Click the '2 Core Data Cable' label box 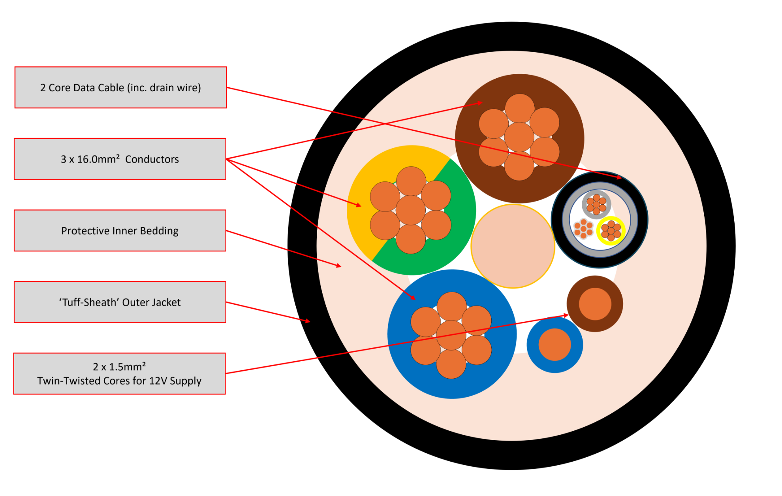point(120,87)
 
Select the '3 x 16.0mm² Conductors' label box point(120,159)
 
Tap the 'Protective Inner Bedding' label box point(120,230)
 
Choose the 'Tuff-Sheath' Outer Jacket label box point(120,302)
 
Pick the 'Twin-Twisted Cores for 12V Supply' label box point(119,373)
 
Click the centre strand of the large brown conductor point(519,137)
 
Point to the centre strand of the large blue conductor point(451,335)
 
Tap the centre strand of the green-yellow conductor point(410,210)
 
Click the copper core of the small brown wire point(595,304)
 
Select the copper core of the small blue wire point(555,345)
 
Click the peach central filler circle point(513,246)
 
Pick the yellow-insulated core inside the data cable point(611,231)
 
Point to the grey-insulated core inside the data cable point(596,204)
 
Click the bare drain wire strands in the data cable point(583,229)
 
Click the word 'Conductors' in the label point(152,159)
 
